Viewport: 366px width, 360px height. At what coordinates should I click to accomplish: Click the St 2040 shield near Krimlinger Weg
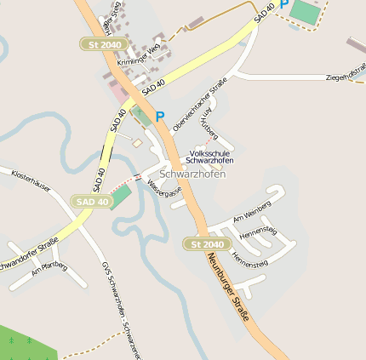pyautogui.click(x=105, y=43)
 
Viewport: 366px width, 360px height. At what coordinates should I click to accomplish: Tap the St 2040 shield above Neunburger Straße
pyautogui.click(x=206, y=244)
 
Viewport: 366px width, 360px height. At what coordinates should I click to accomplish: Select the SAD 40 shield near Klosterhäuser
pyautogui.click(x=92, y=202)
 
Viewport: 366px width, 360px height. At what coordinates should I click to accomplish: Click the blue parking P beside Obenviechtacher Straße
pyautogui.click(x=159, y=116)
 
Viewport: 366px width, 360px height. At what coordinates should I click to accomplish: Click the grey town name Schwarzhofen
pyautogui.click(x=192, y=174)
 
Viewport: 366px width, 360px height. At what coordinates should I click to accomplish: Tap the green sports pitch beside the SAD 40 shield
pyautogui.click(x=121, y=196)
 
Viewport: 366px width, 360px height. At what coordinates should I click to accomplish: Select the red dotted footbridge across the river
pyautogui.click(x=125, y=180)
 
